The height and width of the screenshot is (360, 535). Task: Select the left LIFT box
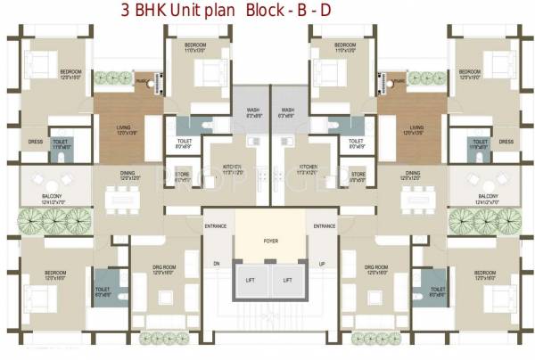pos(251,280)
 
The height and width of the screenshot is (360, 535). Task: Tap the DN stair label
pos(217,264)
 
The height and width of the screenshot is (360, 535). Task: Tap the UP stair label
pos(322,264)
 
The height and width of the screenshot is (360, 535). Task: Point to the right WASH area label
pos(287,110)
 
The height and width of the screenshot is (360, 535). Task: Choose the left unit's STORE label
pos(183,175)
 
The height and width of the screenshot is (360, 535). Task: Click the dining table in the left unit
pos(124,200)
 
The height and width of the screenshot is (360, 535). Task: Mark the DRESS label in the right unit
pos(506,143)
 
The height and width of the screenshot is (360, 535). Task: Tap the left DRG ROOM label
pos(162,267)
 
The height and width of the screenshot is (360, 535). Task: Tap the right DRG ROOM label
pos(376,267)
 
